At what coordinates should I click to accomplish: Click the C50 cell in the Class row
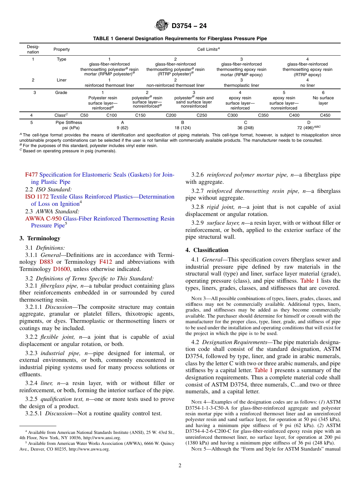[x=84, y=115]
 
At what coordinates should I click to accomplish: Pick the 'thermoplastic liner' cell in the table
[x=241, y=85]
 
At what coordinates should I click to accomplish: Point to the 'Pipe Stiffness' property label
[x=69, y=123]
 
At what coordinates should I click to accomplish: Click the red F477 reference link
[x=31, y=175]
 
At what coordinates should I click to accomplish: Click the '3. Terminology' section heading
[x=40, y=238]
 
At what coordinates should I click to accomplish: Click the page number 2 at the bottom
[x=180, y=466]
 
